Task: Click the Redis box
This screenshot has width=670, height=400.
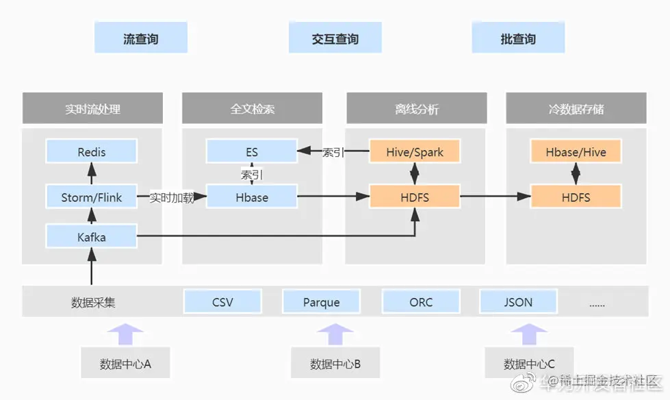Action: (x=92, y=151)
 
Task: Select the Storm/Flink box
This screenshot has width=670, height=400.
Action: (x=92, y=197)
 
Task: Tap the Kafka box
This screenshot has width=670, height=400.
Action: (x=92, y=237)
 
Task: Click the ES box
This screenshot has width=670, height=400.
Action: (x=252, y=151)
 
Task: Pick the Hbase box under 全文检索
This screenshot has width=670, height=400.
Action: (x=252, y=197)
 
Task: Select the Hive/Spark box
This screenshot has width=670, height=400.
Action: (x=415, y=151)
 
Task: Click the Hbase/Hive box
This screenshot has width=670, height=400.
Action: (x=576, y=151)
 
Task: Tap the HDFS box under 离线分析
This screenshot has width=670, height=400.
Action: (x=415, y=197)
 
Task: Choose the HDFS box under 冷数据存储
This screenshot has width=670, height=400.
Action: (x=576, y=197)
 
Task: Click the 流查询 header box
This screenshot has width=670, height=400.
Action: (x=140, y=38)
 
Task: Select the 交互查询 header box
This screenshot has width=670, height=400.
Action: (x=335, y=38)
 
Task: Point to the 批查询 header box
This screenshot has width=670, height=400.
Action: (x=518, y=38)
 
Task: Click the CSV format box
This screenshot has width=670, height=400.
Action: (x=222, y=301)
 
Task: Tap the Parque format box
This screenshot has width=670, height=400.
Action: (x=321, y=301)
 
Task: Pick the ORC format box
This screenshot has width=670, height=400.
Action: (x=421, y=301)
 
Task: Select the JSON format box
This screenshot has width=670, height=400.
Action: (x=518, y=301)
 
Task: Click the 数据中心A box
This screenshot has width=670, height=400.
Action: (x=125, y=364)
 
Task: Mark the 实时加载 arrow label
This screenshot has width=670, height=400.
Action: (x=172, y=198)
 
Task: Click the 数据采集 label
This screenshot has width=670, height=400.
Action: (x=93, y=302)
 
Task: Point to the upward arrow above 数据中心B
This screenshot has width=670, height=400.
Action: (x=335, y=334)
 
